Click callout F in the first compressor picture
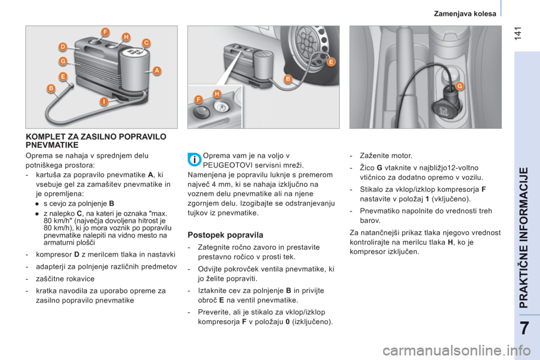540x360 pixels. coord(105,33)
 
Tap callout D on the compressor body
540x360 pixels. coord(62,47)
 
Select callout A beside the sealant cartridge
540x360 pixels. coord(157,71)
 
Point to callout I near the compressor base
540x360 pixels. coord(104,102)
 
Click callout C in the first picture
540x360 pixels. coord(146,43)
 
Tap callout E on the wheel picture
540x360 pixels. coord(331,62)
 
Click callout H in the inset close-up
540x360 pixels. coord(217,94)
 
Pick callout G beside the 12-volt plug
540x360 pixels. coord(460,85)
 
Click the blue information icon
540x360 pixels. coord(195,160)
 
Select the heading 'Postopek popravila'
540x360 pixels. coord(225,235)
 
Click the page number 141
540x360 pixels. coord(518,33)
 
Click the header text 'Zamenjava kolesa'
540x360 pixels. coord(465,13)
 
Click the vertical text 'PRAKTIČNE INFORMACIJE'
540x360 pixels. coord(524,237)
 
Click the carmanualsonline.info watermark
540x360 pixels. coord(457,351)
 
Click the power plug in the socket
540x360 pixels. coord(444,111)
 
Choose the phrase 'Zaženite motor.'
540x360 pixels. coord(386,156)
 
